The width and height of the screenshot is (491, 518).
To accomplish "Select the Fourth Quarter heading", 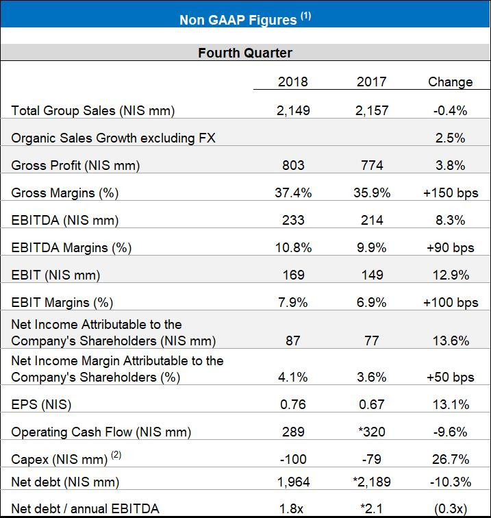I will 245,53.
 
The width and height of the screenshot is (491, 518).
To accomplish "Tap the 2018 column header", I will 292,82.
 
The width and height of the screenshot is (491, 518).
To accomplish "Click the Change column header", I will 450,82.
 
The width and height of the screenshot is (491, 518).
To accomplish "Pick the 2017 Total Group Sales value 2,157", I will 372,111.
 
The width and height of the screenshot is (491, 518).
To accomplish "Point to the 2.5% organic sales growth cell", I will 450,138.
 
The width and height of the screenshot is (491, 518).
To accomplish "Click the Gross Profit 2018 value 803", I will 292,166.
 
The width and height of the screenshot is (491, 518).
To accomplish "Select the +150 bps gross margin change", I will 450,193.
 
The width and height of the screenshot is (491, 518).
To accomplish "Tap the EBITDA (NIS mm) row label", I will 65,221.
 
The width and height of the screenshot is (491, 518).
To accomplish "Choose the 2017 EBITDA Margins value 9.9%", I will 372,248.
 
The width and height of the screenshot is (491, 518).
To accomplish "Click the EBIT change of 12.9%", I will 450,275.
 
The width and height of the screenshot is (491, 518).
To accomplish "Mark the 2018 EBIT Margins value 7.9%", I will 292,302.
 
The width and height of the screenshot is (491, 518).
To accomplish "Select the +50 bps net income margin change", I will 450,378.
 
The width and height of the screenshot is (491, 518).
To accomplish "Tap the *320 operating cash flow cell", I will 372,432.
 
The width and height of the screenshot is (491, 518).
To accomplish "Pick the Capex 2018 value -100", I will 292,459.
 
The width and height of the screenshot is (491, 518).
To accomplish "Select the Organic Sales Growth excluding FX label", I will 113,138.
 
